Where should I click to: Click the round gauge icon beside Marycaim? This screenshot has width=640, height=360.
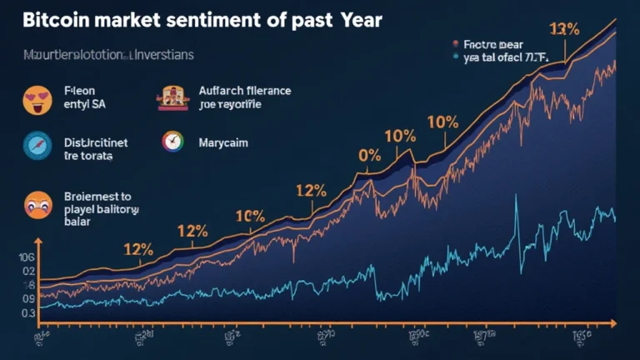tap(171, 142)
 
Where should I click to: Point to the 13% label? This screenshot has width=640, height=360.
tap(564, 30)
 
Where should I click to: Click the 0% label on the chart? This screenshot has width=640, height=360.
tap(368, 155)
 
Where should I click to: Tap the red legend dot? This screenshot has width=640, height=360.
tap(456, 42)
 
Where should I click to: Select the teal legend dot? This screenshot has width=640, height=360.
tap(456, 58)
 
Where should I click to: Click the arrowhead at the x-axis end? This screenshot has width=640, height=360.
tap(612, 321)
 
